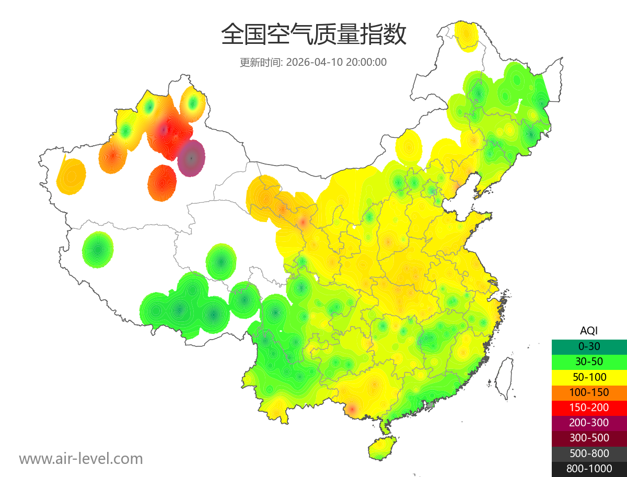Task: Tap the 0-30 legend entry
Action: [589, 346]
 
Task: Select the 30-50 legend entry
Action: [589, 362]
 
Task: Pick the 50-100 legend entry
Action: [589, 377]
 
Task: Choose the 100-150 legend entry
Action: [589, 392]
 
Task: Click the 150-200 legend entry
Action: [589, 408]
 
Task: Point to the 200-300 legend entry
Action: [589, 423]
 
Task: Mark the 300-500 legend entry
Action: [589, 438]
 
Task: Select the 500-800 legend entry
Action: [589, 453]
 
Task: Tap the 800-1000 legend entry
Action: [589, 469]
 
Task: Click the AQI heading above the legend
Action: [589, 331]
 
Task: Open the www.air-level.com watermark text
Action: [81, 459]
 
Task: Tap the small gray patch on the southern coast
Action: [431, 405]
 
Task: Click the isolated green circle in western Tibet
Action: [98, 250]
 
